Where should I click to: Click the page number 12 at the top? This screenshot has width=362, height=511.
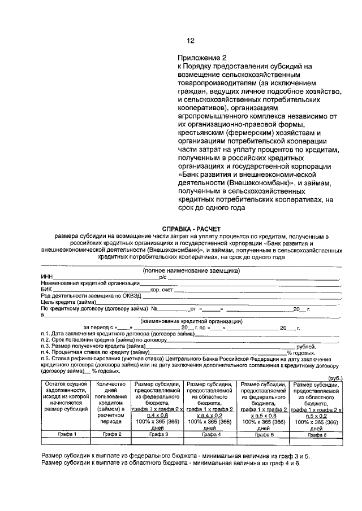tap(190, 40)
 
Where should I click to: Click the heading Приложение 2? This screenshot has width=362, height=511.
tap(202, 58)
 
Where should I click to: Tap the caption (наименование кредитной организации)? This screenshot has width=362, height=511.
tap(191, 321)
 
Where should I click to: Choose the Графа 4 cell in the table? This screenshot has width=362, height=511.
tap(210, 434)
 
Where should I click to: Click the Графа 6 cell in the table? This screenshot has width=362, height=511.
tap(317, 434)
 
